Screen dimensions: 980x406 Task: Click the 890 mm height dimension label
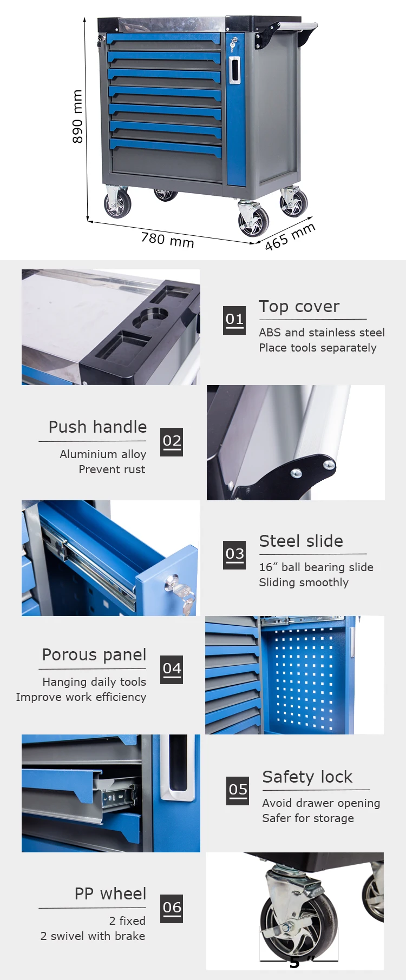77,116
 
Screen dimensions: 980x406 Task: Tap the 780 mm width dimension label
167,239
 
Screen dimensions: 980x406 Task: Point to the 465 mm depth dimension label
290,236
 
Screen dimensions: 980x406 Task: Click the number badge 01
234,320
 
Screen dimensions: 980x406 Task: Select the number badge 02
172,441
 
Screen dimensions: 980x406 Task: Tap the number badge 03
234,554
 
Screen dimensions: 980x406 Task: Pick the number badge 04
172,669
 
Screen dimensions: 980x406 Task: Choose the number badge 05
238,790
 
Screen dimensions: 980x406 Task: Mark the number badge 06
172,908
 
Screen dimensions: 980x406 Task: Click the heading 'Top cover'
299,307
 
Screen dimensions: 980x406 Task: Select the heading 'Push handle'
97,427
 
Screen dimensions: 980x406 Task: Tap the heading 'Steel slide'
301,541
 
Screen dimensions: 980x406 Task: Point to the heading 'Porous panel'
94,655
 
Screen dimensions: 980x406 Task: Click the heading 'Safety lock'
307,777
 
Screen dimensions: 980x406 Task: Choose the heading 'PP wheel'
110,894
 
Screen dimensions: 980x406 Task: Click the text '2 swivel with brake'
93,936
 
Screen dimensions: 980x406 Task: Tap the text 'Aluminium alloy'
103,454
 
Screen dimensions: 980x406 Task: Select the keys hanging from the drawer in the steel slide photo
187,600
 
